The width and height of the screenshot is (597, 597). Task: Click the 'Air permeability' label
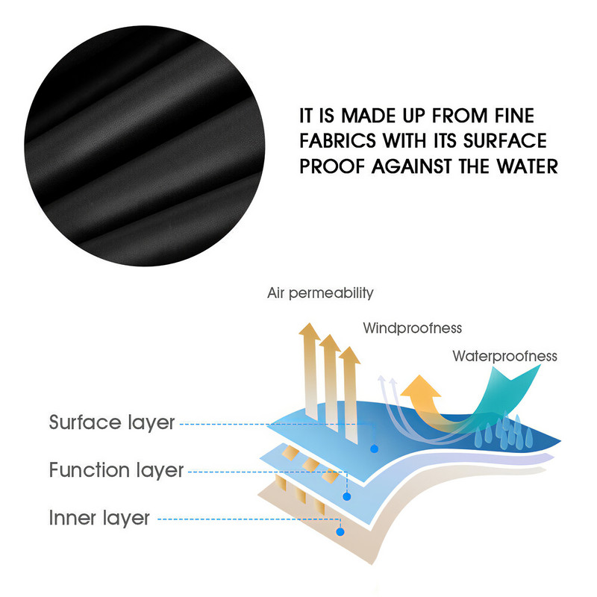tap(320, 293)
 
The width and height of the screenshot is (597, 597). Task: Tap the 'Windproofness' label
tap(413, 328)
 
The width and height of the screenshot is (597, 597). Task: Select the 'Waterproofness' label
tap(505, 357)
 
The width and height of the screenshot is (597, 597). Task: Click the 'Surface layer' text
tap(112, 422)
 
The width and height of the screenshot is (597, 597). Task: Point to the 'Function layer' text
tap(116, 470)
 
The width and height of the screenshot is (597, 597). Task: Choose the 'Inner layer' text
tap(99, 518)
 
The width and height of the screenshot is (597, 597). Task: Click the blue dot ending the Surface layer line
tap(375, 449)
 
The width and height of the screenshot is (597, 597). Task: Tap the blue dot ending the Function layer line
tap(346, 496)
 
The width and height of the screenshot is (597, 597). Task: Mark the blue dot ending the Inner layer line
tap(340, 532)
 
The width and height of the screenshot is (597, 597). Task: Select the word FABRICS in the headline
tap(338, 141)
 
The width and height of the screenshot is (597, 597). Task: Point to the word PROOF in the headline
tap(332, 166)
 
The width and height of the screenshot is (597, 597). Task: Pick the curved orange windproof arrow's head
tap(420, 387)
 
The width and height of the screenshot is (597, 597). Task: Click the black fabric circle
tap(145, 146)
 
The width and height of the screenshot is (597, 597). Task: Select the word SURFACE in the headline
tap(505, 141)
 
